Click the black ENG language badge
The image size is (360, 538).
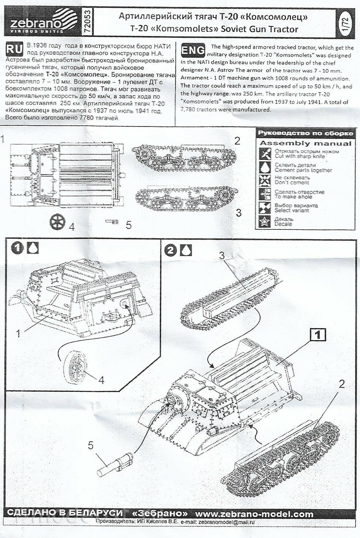click(x=193, y=50)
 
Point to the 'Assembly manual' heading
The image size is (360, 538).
click(x=305, y=143)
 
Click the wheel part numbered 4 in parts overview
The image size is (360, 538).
click(x=58, y=221)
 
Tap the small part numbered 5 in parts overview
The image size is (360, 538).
click(x=113, y=221)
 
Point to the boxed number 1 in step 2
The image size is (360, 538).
click(x=318, y=334)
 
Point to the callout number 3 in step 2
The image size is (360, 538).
click(x=221, y=255)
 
